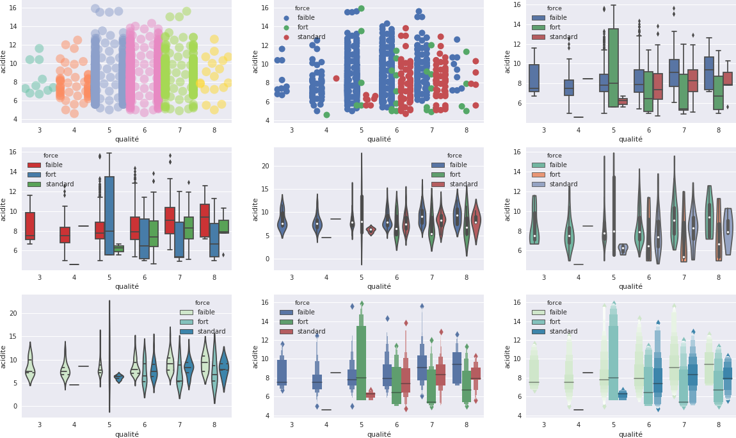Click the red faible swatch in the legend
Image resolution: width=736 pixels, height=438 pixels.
click(x=35, y=165)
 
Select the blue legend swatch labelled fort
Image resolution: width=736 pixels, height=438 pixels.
click(x=35, y=175)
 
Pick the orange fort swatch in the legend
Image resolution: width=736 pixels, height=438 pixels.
click(x=539, y=175)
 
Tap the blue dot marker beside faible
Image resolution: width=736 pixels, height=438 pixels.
click(x=286, y=18)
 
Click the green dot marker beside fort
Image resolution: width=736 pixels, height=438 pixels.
click(x=286, y=28)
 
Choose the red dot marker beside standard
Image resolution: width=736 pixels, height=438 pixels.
click(x=286, y=37)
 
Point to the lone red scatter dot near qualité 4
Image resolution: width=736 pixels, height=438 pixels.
click(x=336, y=78)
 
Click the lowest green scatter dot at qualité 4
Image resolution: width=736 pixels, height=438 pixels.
click(x=326, y=115)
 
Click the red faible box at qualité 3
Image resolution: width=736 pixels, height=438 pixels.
click(x=30, y=225)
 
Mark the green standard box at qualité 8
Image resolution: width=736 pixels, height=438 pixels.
click(x=223, y=227)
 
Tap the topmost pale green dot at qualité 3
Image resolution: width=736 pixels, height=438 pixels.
click(x=39, y=49)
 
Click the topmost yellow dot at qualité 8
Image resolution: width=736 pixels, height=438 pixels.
click(x=214, y=40)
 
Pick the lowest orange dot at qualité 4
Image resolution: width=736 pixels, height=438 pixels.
click(x=74, y=113)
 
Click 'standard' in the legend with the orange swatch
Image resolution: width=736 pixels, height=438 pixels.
click(x=563, y=184)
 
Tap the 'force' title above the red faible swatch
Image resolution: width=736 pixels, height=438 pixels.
click(x=51, y=156)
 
